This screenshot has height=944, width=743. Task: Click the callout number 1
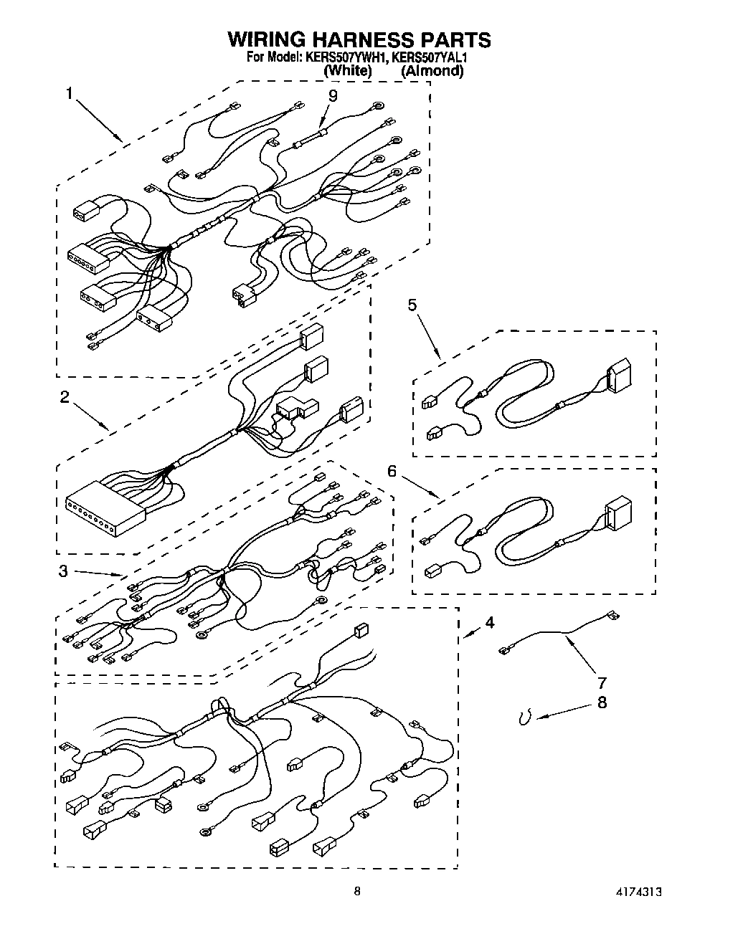point(70,92)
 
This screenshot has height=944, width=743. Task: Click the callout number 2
point(65,396)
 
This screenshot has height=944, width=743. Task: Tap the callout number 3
point(64,571)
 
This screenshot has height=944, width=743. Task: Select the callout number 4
point(488,622)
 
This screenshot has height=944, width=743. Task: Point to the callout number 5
point(412,305)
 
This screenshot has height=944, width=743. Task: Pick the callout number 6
point(392,471)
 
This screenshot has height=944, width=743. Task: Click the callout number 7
point(602,682)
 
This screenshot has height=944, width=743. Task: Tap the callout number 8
point(602,702)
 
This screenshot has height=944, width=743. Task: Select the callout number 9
point(332,95)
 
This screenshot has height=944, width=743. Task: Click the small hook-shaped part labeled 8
point(526,717)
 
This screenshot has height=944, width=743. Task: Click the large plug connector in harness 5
point(619,375)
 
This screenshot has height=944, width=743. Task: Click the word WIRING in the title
point(268,39)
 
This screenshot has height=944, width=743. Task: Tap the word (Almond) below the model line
point(432,71)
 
